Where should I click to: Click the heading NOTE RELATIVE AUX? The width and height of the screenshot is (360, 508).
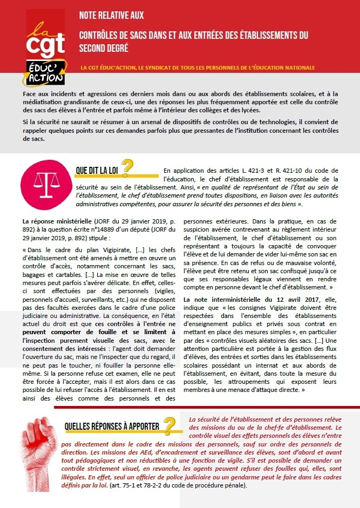(x=111, y=15)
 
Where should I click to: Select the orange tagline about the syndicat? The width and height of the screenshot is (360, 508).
(x=198, y=68)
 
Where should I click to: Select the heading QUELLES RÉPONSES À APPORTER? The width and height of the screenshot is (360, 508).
(x=112, y=426)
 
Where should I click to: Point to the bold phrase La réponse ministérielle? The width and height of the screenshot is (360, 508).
(x=57, y=221)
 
